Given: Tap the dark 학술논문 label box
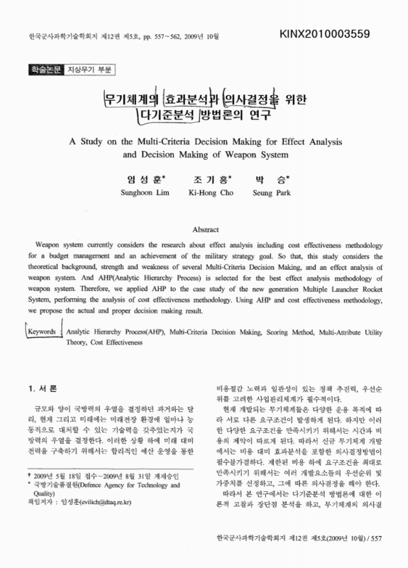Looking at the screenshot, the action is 43,70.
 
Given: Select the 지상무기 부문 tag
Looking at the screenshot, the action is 90,70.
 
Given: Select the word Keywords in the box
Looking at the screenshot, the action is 43,332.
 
